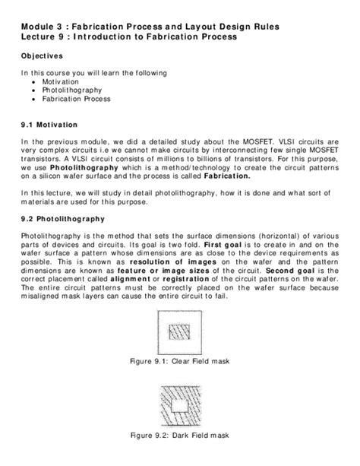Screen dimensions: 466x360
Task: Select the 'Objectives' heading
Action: [42, 56]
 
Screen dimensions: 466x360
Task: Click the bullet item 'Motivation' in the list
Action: [61, 81]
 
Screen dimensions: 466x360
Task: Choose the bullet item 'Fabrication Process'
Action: [76, 99]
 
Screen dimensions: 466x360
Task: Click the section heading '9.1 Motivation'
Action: [52, 123]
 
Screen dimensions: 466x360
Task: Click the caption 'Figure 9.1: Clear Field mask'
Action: [180, 360]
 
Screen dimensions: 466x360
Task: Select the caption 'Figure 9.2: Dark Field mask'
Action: [180, 437]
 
